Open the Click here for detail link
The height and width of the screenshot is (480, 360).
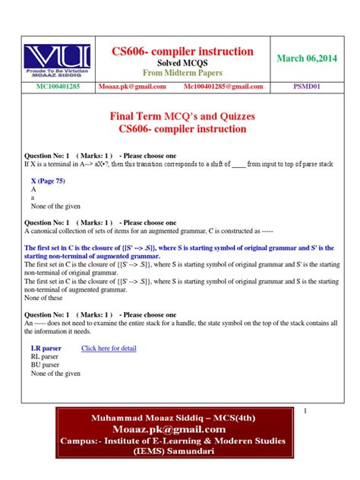click(109, 348)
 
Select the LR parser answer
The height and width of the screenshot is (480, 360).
click(46, 348)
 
